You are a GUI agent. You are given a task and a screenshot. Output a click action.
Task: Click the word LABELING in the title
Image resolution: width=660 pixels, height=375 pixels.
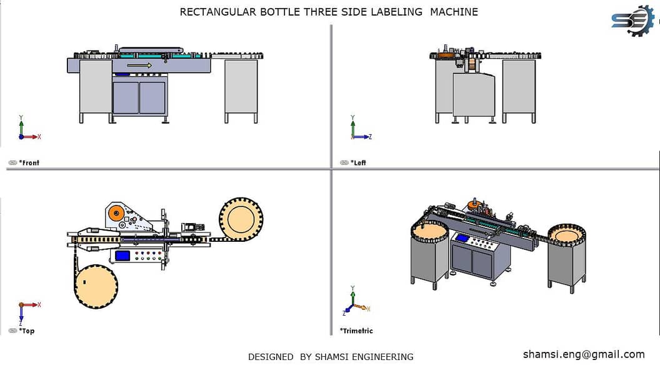click(x=397, y=12)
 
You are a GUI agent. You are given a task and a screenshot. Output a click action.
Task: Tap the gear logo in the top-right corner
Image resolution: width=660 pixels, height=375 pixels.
click(x=632, y=21)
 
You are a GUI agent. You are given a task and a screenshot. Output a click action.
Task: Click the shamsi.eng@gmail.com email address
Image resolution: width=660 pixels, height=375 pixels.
click(x=583, y=354)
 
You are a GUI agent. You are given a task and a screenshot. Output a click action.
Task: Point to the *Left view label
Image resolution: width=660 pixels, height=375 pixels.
click(x=358, y=162)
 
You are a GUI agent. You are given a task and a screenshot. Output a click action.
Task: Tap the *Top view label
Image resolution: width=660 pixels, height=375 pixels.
click(x=26, y=331)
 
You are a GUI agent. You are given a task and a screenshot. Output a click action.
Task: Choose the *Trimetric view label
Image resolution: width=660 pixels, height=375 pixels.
click(x=356, y=331)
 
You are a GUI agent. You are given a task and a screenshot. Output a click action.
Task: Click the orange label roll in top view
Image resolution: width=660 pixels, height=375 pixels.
click(x=115, y=214)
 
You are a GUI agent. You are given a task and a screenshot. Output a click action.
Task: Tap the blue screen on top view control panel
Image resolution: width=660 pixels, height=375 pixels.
click(x=122, y=255)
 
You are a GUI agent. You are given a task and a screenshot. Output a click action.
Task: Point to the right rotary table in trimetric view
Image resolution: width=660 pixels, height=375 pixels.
click(x=566, y=236)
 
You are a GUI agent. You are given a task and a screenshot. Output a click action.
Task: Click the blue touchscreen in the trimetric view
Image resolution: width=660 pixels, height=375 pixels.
click(x=462, y=237)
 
